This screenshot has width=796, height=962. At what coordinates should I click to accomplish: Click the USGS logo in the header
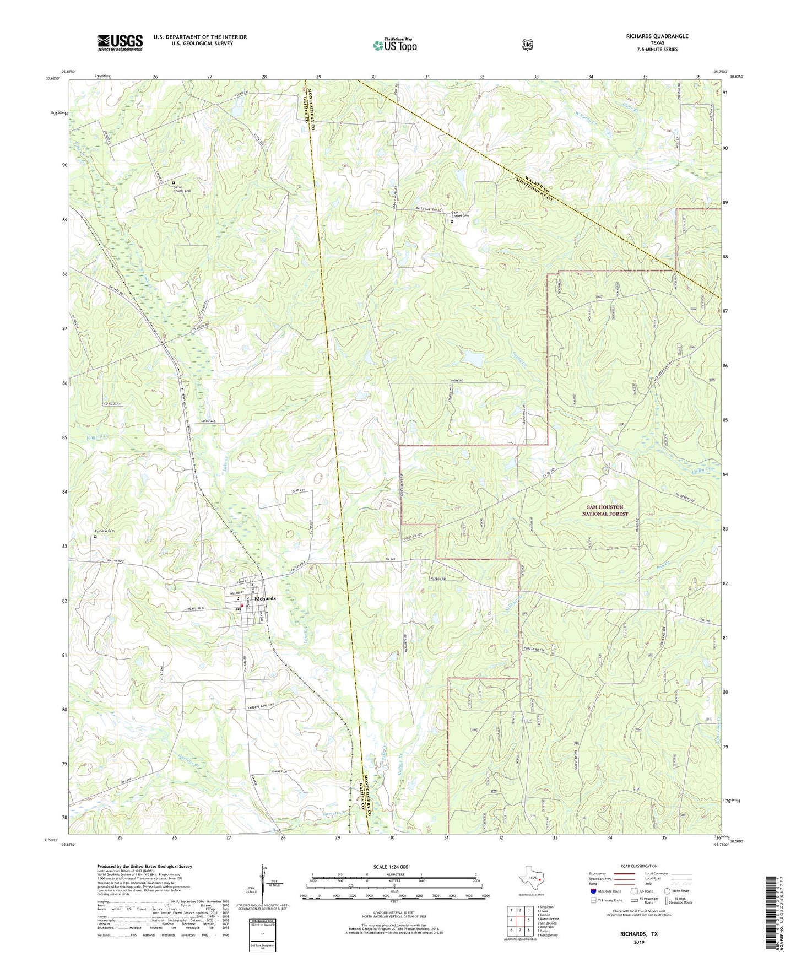[120, 42]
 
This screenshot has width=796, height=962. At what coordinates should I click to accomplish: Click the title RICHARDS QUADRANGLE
[657, 36]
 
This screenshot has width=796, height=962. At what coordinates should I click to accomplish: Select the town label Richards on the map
[265, 598]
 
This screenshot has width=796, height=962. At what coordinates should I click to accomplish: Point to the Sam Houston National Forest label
[605, 510]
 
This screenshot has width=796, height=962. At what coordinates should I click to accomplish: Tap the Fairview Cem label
[104, 531]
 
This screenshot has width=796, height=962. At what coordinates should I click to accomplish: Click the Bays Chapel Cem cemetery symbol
[452, 222]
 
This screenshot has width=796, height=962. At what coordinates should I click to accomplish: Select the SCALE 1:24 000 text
[391, 867]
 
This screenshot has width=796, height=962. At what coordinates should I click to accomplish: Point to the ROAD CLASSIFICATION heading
[638, 866]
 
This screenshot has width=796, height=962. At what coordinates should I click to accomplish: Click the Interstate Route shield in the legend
[593, 891]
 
